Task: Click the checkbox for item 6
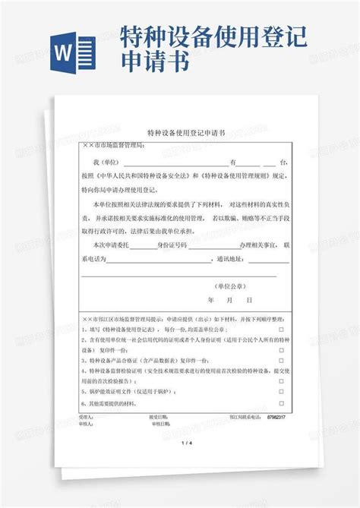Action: tap(280, 403)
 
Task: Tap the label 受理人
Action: tap(86, 417)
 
